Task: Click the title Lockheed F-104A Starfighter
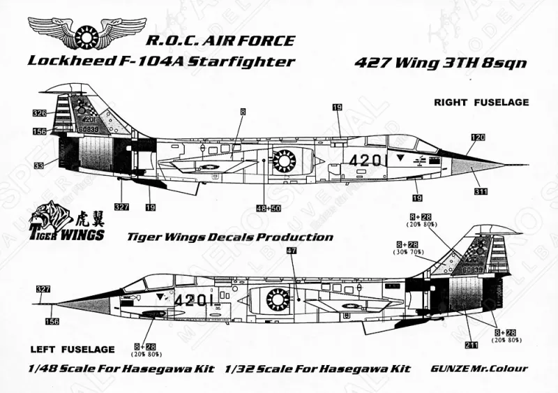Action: click(x=160, y=61)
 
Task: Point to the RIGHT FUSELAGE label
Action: click(x=481, y=102)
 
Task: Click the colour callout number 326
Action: click(x=39, y=112)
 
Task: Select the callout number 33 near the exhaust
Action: click(x=38, y=165)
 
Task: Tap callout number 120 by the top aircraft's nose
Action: click(x=477, y=138)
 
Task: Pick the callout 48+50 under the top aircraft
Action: click(x=267, y=207)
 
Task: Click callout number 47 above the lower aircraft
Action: click(x=292, y=250)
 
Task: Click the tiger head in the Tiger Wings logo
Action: click(x=50, y=214)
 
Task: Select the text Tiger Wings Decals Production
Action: click(x=229, y=237)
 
